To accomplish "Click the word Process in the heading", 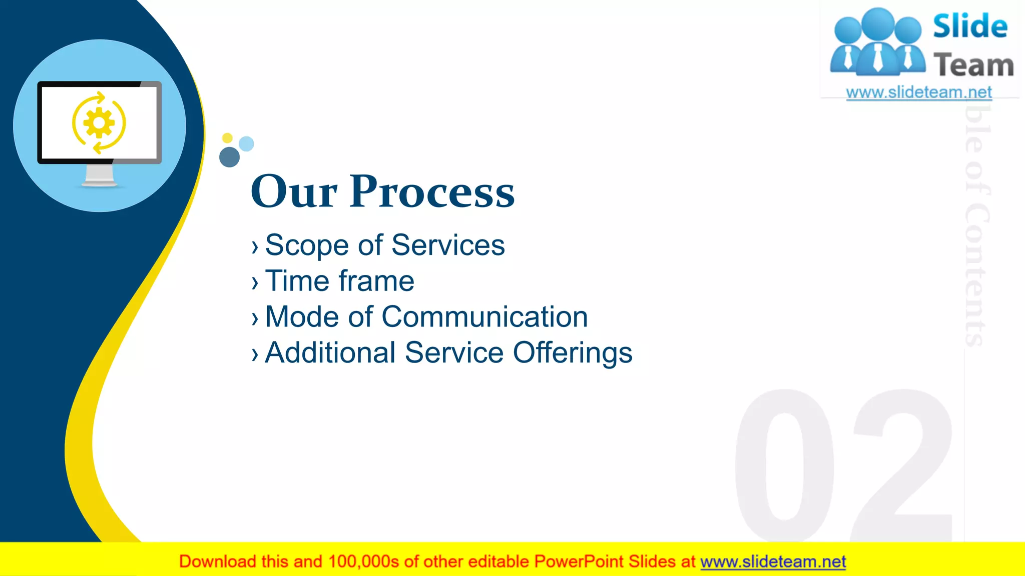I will (432, 192).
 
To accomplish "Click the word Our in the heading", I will (294, 192).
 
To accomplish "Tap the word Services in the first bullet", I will (448, 245).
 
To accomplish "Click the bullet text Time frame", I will (339, 281).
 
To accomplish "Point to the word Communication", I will (484, 317).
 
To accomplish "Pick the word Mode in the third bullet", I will (302, 317).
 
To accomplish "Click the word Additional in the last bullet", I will (330, 352).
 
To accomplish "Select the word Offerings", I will (573, 353).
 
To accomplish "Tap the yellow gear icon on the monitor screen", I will (99, 122).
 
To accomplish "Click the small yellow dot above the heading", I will (227, 138).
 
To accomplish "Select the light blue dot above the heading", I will (246, 144).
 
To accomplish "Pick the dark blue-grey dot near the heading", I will (230, 157).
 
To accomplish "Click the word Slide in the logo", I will (969, 26).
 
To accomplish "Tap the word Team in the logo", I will (973, 65).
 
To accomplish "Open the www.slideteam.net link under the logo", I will (918, 92).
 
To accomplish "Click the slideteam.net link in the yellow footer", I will (773, 562).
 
